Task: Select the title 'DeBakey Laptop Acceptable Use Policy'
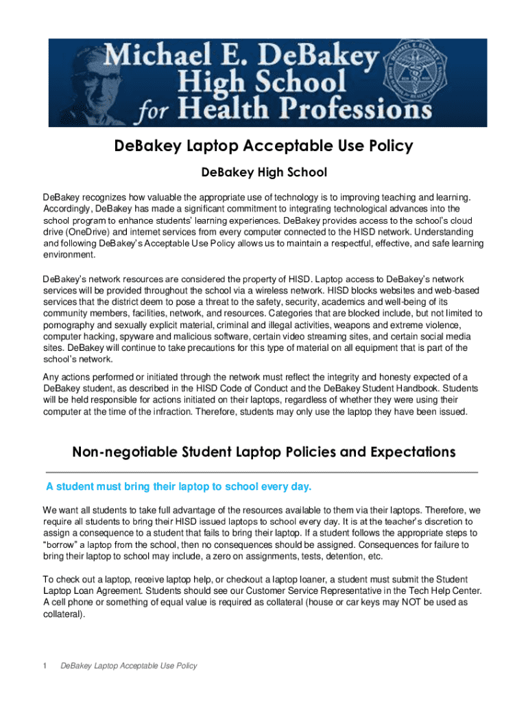point(264,146)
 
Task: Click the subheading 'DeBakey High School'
point(264,172)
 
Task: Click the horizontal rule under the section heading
point(261,472)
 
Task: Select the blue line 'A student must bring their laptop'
point(178,487)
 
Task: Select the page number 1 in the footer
point(45,666)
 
